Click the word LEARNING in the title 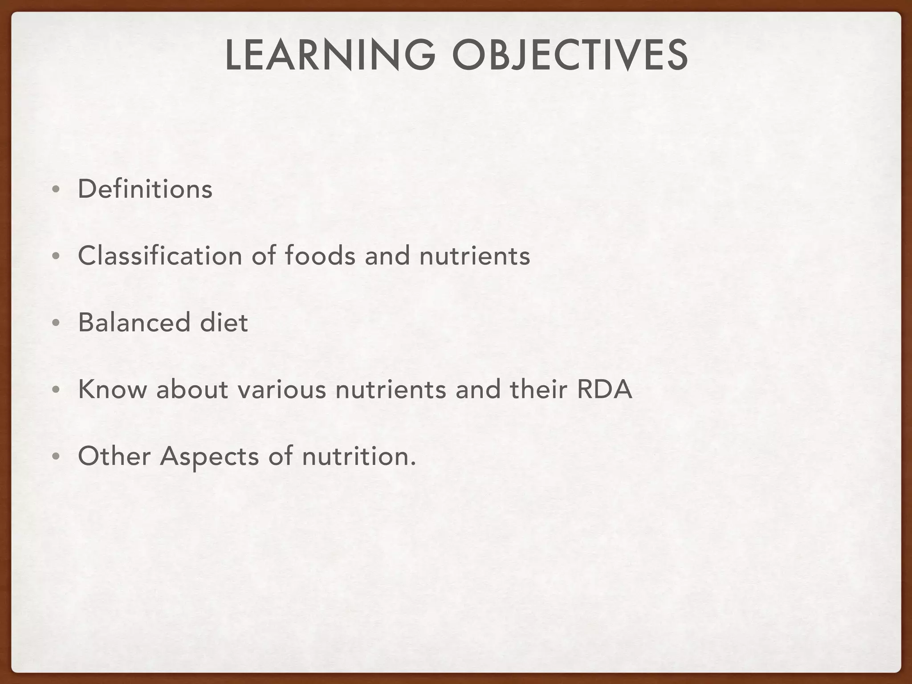pos(330,55)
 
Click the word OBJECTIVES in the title pos(570,55)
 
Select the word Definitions pos(145,189)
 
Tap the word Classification pos(160,256)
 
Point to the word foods pos(320,256)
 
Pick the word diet pos(224,322)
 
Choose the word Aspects pos(209,457)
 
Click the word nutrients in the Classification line pos(475,256)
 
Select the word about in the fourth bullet pos(192,389)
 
